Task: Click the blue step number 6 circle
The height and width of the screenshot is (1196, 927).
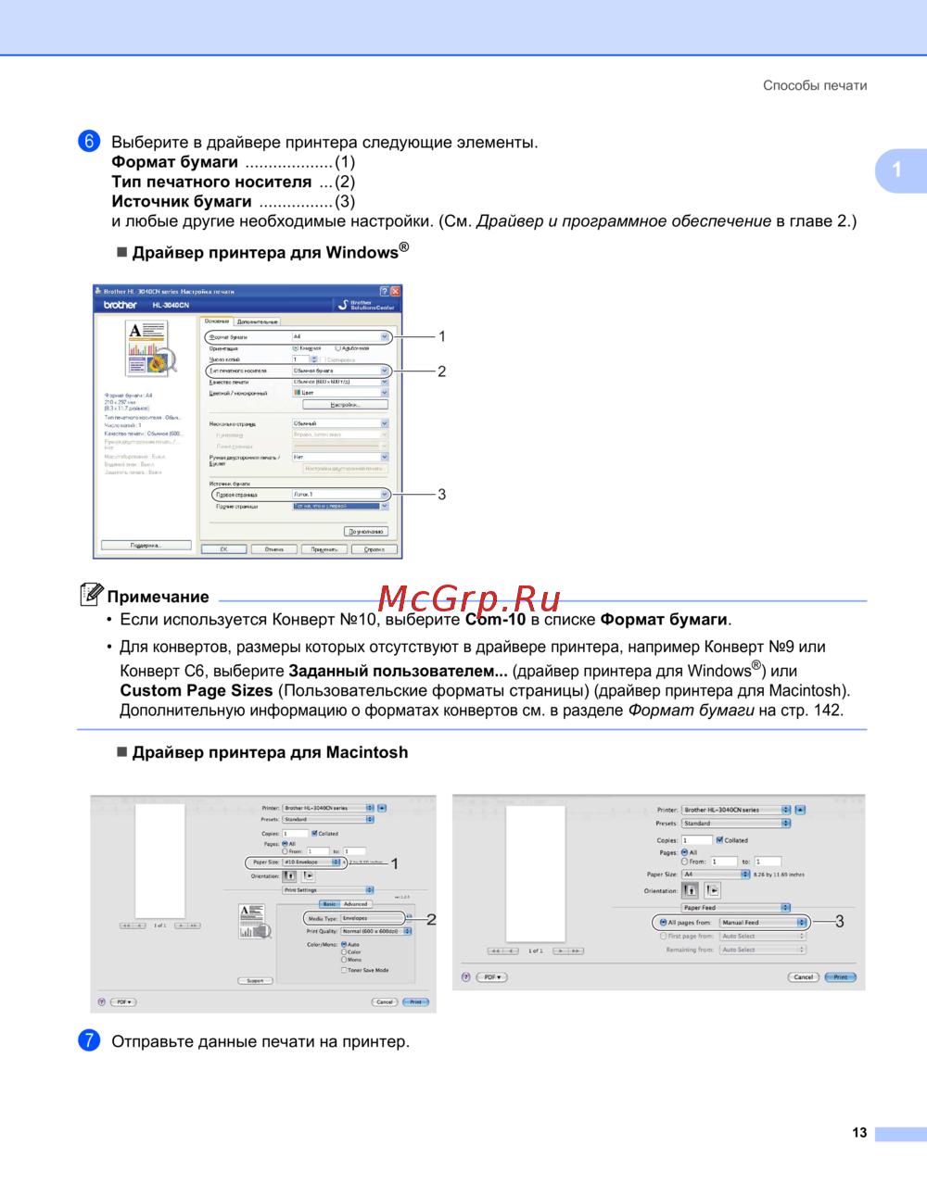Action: tap(89, 141)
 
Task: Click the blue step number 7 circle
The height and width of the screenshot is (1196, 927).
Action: tap(89, 1040)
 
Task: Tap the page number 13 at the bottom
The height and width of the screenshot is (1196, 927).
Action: tap(859, 1133)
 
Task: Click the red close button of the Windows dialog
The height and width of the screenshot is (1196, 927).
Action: tap(396, 291)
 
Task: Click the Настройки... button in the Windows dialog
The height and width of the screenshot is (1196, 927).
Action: tap(345, 405)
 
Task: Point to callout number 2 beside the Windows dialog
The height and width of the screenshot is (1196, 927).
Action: tap(442, 371)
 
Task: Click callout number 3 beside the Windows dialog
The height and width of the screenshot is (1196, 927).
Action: tap(442, 495)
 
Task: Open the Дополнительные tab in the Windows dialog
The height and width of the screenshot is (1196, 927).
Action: tap(258, 321)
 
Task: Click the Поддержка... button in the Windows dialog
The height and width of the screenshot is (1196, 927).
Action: tap(146, 545)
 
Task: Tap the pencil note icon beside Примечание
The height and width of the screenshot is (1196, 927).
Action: tap(91, 594)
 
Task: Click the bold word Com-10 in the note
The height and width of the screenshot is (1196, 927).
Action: tap(495, 620)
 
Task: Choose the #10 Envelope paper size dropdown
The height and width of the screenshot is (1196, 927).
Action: tap(311, 862)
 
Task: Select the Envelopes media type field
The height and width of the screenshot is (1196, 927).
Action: tap(372, 919)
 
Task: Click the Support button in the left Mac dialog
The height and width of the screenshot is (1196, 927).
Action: tap(255, 980)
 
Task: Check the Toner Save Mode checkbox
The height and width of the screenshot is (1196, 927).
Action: tap(344, 970)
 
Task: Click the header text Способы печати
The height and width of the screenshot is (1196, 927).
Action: tap(815, 85)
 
